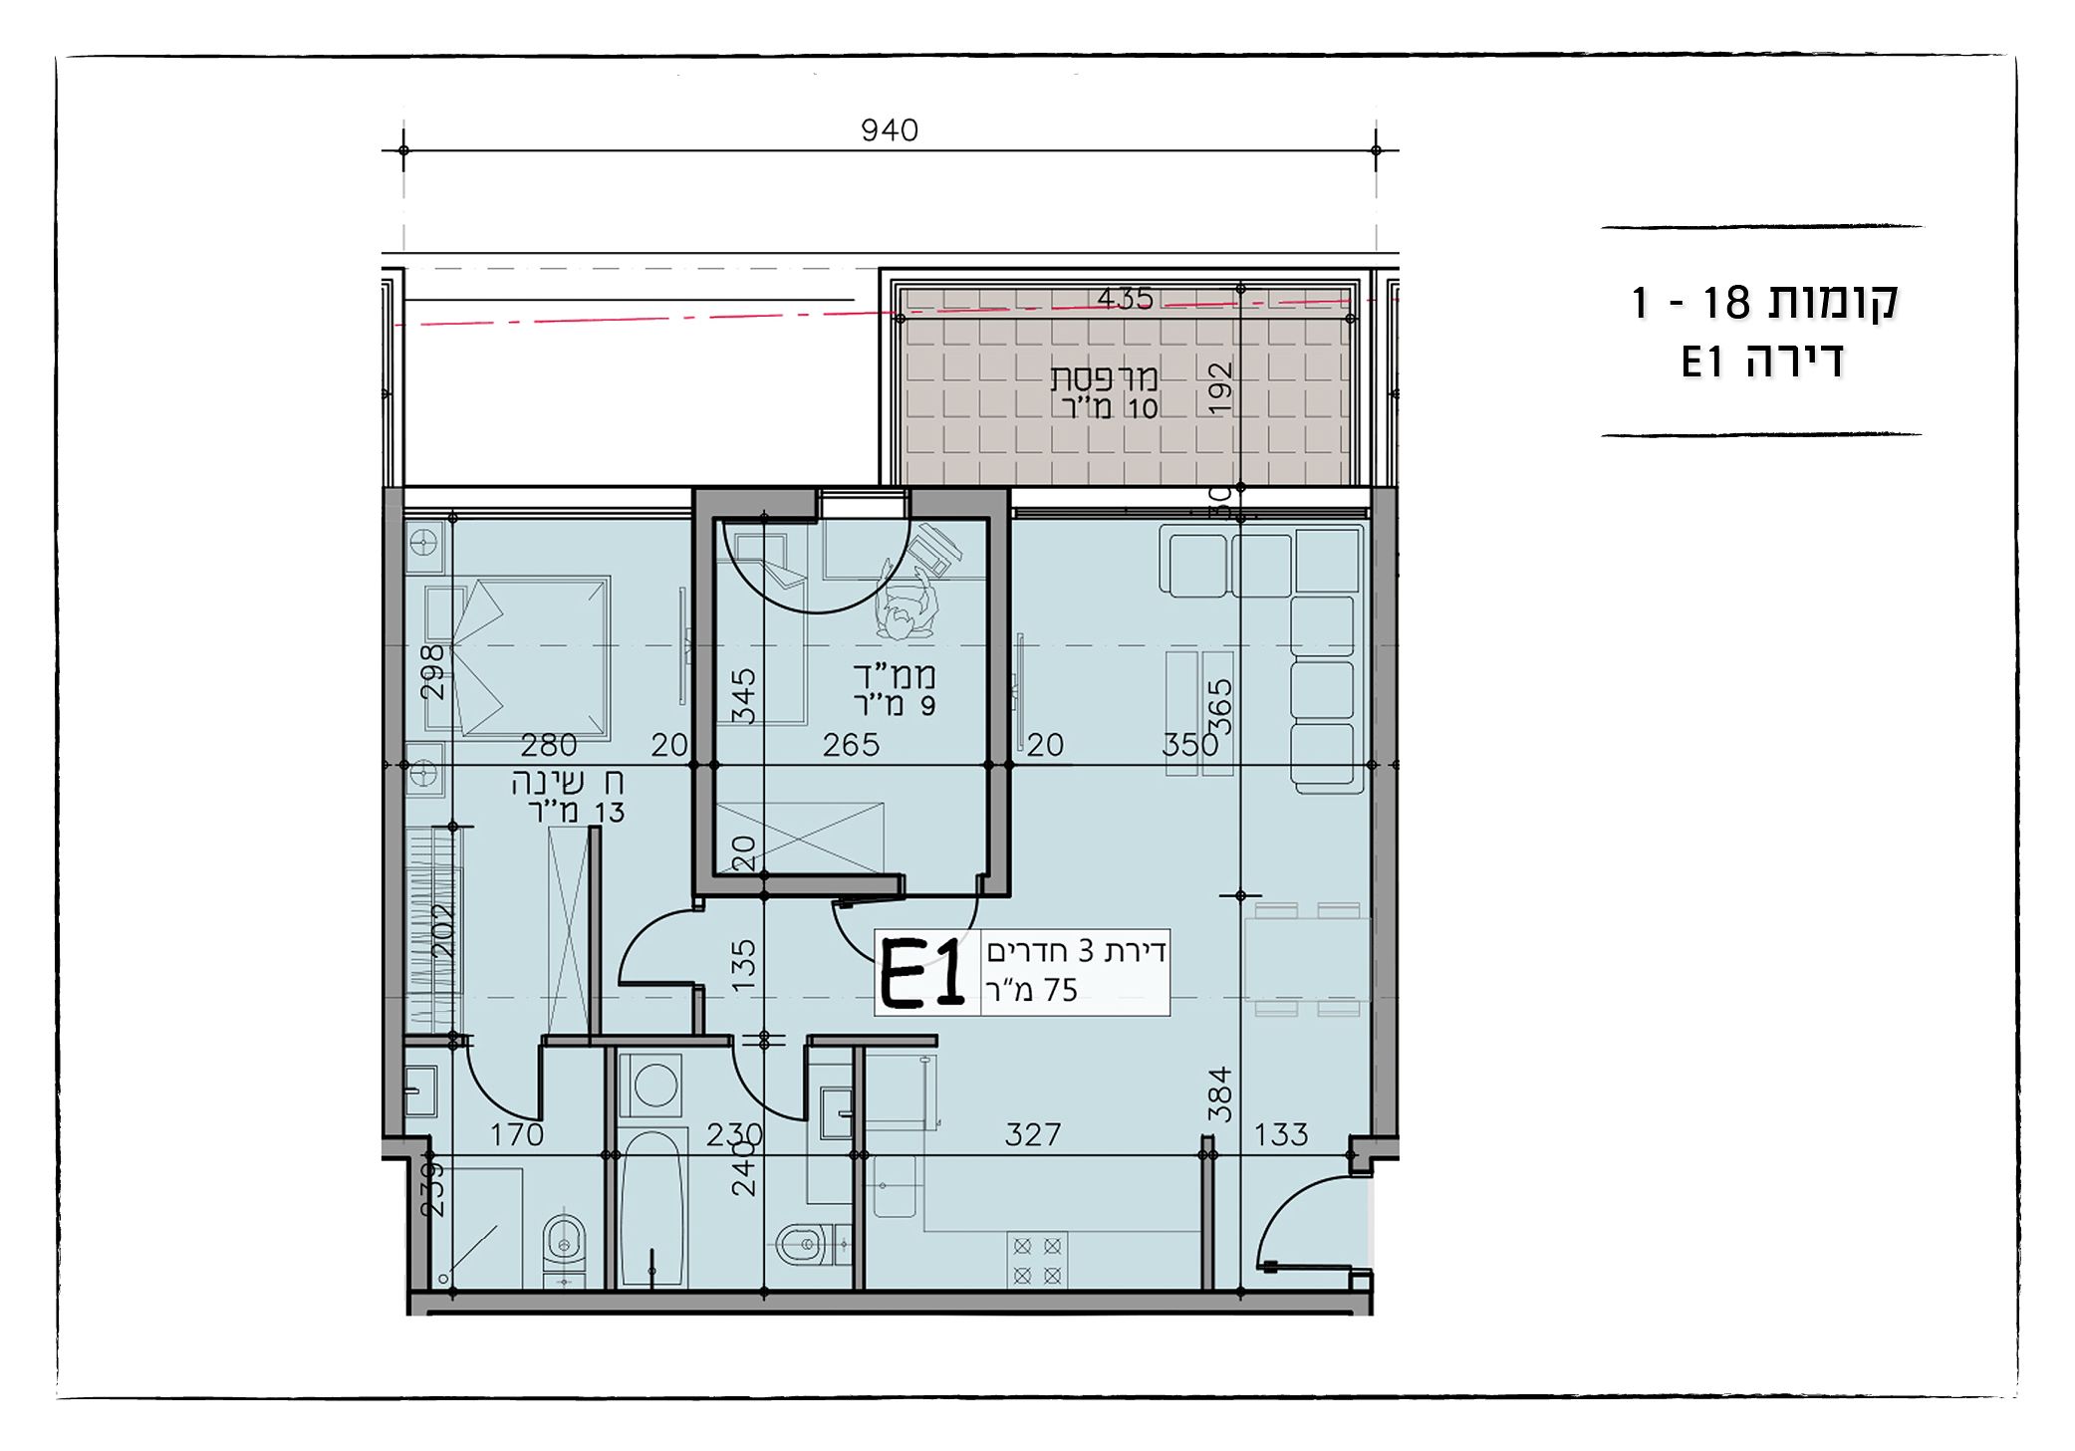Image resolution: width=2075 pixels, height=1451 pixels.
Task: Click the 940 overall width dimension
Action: point(890,130)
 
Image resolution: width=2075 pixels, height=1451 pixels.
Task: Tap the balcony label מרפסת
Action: point(1105,378)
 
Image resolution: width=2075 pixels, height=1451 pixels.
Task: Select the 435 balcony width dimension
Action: point(1126,299)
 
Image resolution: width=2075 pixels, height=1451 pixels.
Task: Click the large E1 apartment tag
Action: point(922,974)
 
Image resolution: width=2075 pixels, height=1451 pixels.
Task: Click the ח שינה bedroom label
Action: point(569,783)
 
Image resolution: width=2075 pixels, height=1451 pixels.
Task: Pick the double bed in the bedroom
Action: point(532,656)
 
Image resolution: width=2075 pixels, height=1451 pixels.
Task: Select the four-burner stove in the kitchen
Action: point(1037,1260)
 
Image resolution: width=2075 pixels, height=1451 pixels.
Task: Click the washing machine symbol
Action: point(655,1085)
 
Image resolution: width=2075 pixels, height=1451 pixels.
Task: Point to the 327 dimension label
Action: point(1033,1134)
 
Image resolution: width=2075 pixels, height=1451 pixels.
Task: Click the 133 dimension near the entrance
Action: point(1281,1134)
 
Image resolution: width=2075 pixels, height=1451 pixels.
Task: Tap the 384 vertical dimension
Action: point(1220,1094)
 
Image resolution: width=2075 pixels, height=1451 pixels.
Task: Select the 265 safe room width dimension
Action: point(852,745)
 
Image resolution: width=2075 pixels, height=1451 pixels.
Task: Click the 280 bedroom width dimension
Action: point(549,745)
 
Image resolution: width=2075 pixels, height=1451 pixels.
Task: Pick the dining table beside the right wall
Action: point(1307,959)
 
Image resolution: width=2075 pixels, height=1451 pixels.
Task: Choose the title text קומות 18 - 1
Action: point(1763,302)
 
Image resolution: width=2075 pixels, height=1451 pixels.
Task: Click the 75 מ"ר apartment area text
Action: point(1032,990)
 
